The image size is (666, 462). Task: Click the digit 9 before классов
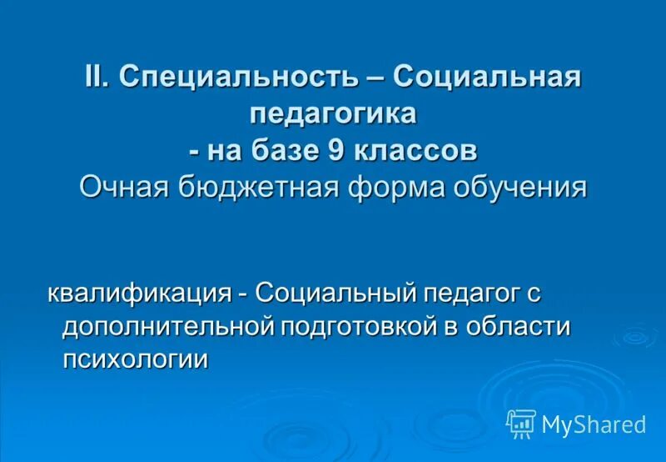tap(346, 151)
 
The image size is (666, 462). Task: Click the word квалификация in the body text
tap(138, 293)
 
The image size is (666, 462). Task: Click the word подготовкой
tap(359, 326)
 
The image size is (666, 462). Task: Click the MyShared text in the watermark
tap(594, 424)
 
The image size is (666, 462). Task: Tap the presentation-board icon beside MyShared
tap(521, 424)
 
